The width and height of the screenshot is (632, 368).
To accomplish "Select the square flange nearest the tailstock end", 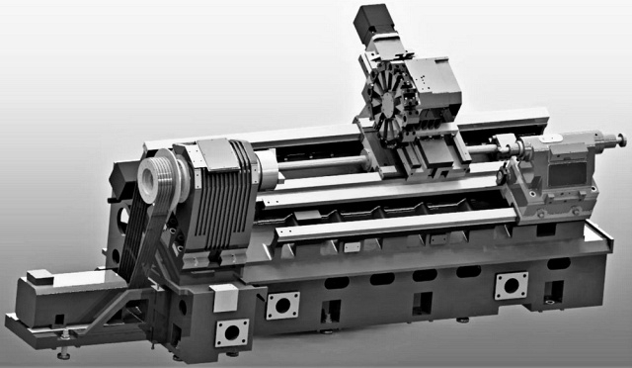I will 511,286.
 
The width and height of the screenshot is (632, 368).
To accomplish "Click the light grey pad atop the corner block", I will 224,293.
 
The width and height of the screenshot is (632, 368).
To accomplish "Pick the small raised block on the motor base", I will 40,277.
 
